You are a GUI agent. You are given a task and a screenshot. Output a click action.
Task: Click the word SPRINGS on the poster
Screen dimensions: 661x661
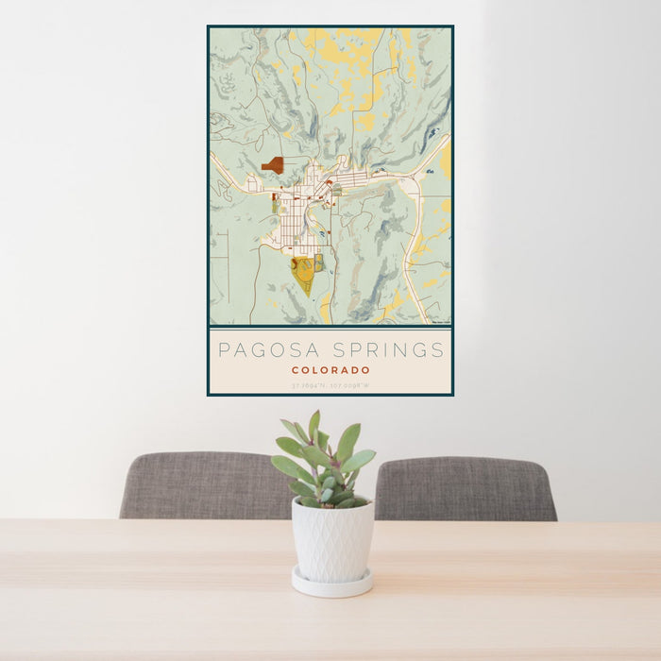point(385,350)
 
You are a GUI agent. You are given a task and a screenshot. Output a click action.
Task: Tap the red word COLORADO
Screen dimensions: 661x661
point(330,370)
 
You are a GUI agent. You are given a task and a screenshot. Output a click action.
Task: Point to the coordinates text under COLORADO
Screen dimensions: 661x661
point(330,385)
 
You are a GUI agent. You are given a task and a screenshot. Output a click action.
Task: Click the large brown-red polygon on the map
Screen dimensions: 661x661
point(274,165)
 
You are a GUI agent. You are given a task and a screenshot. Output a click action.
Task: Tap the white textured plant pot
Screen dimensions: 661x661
point(331,540)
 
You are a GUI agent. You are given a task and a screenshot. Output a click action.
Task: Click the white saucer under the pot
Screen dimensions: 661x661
point(330,585)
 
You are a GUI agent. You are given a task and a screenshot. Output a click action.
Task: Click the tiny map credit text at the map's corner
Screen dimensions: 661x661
point(440,323)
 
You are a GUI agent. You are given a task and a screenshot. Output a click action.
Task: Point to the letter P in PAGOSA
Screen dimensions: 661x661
point(224,350)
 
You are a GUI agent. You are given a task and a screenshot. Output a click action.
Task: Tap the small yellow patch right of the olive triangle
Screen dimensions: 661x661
point(319,262)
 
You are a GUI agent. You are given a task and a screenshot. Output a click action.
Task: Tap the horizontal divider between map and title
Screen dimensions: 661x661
point(330,328)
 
